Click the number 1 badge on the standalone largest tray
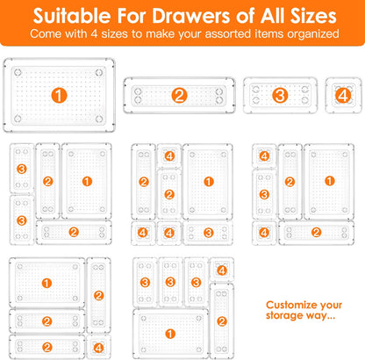tap(59, 96)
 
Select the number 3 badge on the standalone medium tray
tap(280, 95)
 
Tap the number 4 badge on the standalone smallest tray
tap(343, 93)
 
